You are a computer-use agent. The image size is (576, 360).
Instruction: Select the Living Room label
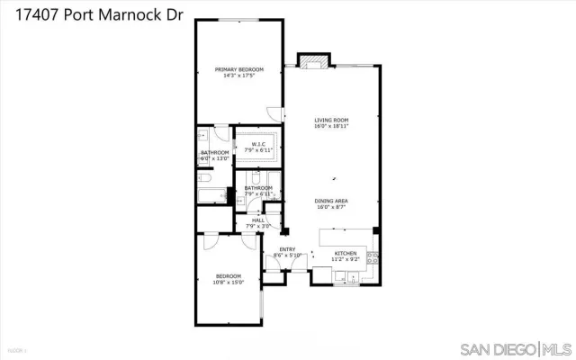331,120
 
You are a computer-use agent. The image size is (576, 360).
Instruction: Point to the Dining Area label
331,201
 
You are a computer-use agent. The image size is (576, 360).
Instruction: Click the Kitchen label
346,254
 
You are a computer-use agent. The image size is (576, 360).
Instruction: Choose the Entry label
287,250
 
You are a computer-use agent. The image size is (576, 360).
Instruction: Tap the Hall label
258,220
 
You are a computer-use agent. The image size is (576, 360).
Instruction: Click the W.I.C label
256,144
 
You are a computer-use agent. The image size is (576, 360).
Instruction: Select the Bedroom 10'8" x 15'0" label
228,275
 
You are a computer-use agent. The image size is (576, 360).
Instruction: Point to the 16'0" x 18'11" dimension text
331,126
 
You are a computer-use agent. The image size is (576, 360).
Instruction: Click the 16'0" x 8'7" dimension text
331,207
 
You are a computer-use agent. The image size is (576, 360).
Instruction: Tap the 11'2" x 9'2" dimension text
346,259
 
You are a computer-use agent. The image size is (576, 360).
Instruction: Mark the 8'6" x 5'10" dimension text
287,256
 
